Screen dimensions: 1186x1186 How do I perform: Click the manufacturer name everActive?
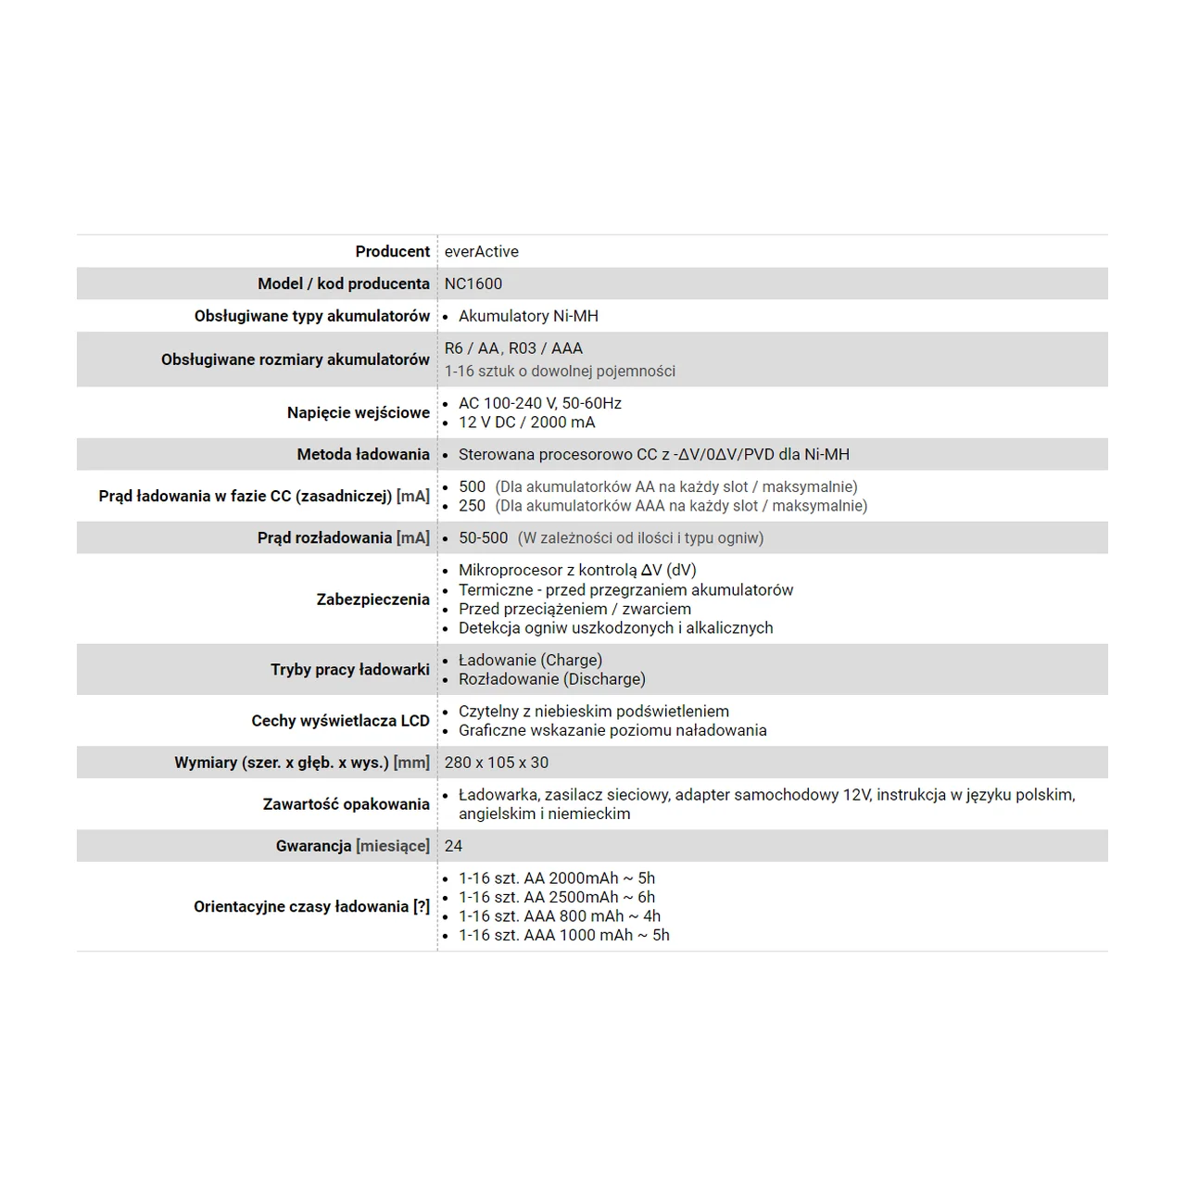pos(481,251)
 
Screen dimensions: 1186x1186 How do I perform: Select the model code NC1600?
pos(473,284)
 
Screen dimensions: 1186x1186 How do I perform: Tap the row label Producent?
pos(392,251)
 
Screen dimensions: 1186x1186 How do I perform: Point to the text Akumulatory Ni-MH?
pos(528,316)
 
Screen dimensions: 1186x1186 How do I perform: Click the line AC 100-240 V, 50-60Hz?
pos(539,403)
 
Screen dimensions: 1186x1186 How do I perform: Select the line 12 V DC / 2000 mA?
pos(526,423)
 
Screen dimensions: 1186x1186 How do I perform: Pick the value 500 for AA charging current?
pos(472,486)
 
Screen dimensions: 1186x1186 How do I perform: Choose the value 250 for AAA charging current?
pos(472,506)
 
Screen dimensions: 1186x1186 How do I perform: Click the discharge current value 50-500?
pos(483,537)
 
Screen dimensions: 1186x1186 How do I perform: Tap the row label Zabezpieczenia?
pos(372,599)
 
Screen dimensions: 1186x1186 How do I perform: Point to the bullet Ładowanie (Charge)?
pos(530,660)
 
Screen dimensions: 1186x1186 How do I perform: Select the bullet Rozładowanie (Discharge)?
pos(551,679)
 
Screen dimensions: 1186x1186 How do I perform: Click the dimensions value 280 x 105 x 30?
pos(496,763)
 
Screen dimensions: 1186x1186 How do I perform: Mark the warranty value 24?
pos(453,846)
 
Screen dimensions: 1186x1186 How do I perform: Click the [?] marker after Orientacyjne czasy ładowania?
pos(422,906)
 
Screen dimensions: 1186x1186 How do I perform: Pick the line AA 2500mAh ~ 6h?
pos(556,897)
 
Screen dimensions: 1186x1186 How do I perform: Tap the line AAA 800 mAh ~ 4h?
pos(560,916)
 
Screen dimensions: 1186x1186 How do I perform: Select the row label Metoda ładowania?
pos(362,454)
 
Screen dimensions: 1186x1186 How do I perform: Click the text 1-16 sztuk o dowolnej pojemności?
pos(560,372)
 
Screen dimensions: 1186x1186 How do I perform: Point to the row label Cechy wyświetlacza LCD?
pos(340,721)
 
